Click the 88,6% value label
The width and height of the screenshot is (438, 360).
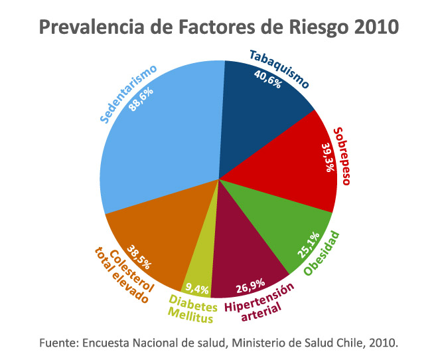[x=142, y=96]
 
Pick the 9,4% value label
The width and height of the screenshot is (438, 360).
[x=197, y=289]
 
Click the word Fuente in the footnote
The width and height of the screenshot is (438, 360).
[x=58, y=343]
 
